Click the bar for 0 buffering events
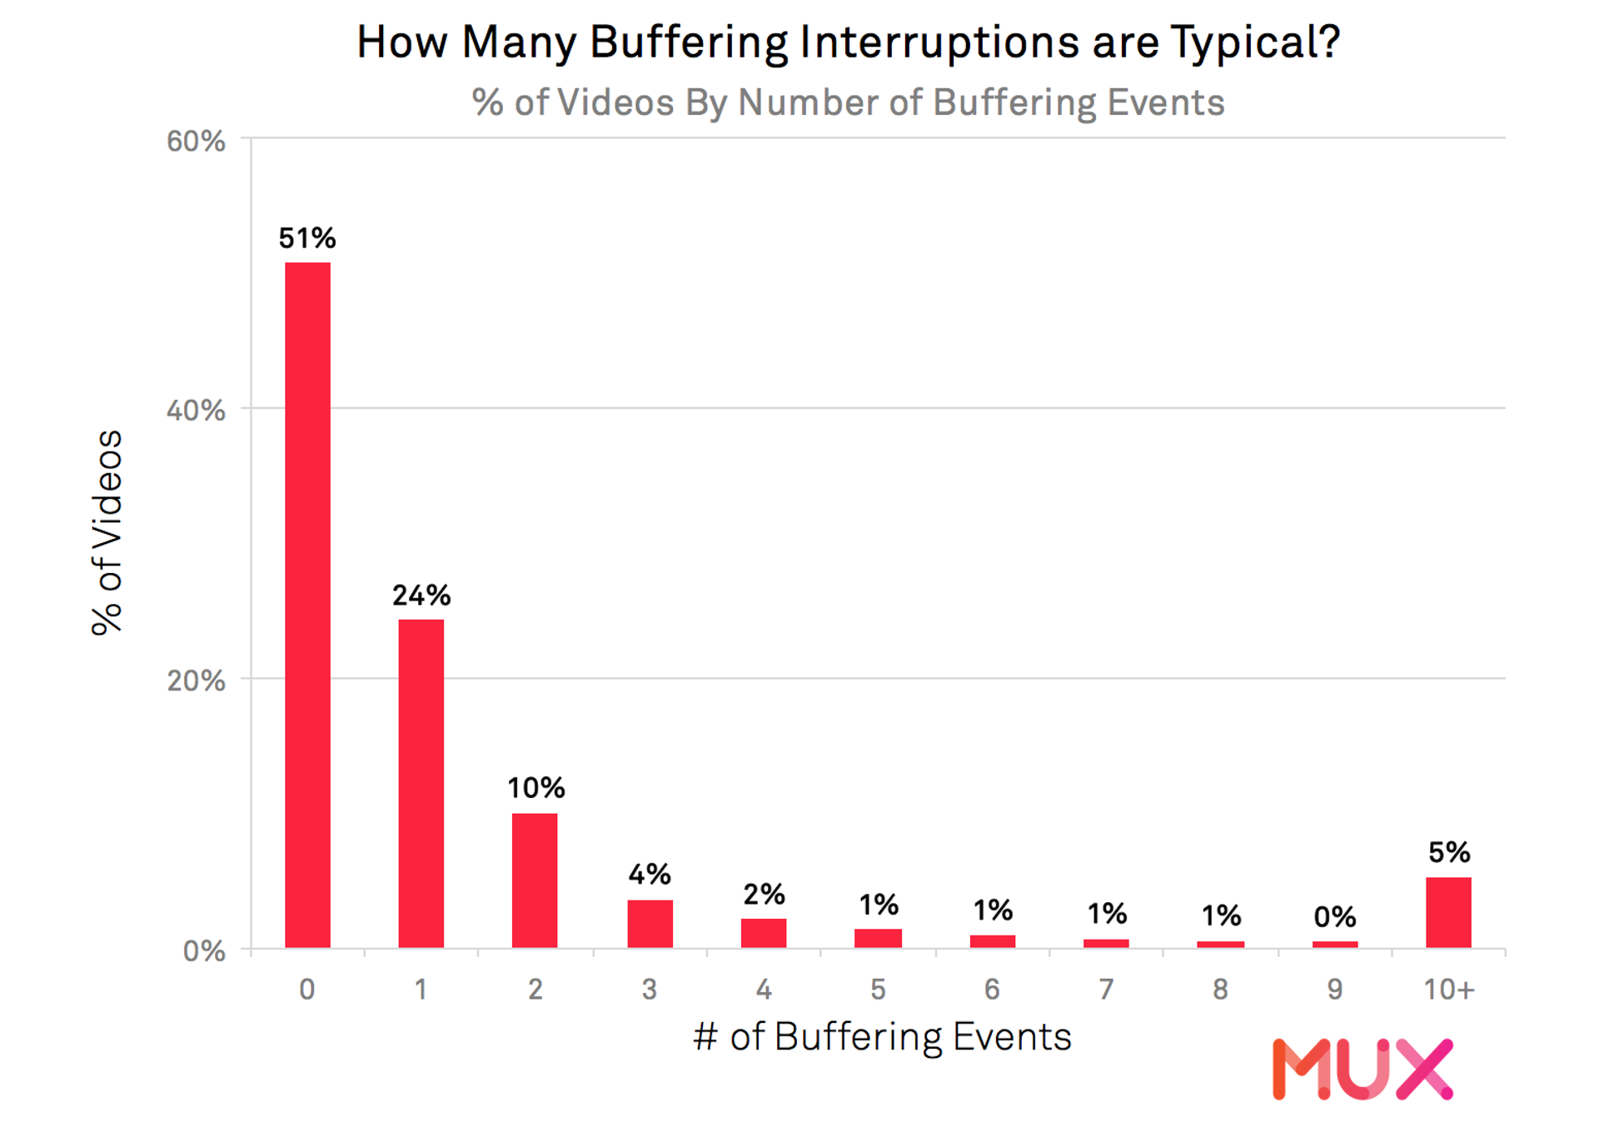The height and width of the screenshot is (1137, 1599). point(307,605)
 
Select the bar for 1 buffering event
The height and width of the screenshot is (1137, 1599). point(421,783)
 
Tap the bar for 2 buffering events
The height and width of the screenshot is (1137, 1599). point(535,880)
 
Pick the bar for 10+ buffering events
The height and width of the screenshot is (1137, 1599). point(1448,912)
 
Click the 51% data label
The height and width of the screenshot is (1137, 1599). point(306,238)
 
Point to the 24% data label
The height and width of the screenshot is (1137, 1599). point(421,596)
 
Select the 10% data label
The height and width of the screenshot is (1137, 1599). point(535,788)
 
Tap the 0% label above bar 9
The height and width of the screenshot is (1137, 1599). point(1334,917)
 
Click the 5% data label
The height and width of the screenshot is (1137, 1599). point(1448,852)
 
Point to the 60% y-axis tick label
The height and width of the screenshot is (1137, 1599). point(196,142)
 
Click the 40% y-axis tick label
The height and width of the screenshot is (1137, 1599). point(196,411)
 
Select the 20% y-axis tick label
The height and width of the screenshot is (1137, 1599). point(196,681)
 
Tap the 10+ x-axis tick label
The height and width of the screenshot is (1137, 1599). point(1448,990)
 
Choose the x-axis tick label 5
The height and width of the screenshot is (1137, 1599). point(878,990)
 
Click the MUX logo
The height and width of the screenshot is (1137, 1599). point(1362,1069)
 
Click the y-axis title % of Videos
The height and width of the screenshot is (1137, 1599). point(107,533)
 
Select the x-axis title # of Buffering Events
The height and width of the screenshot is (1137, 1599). point(882,1038)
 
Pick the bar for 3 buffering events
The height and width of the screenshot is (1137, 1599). point(650,924)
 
